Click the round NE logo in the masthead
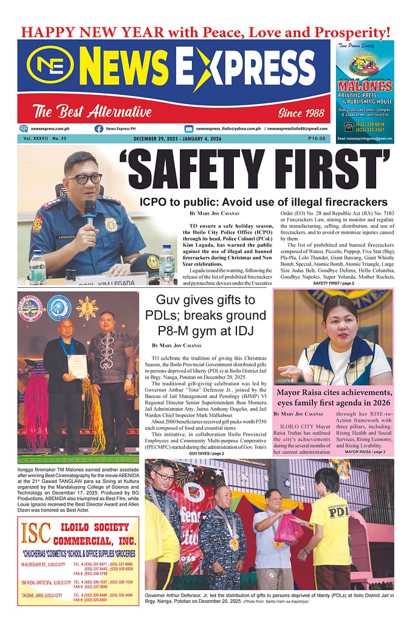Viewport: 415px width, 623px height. [x=50, y=66]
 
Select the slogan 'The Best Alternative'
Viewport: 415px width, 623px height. [x=92, y=112]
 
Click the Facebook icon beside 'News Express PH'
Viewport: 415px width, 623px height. [x=98, y=128]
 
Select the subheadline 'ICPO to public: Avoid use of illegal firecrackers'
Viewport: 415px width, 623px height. [x=263, y=201]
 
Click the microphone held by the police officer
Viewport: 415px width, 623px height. [x=89, y=212]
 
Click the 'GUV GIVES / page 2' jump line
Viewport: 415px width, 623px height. [x=207, y=453]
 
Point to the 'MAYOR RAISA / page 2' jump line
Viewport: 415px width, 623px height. [x=365, y=451]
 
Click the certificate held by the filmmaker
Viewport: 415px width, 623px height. [x=77, y=366]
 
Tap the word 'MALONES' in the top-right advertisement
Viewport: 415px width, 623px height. [x=365, y=87]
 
